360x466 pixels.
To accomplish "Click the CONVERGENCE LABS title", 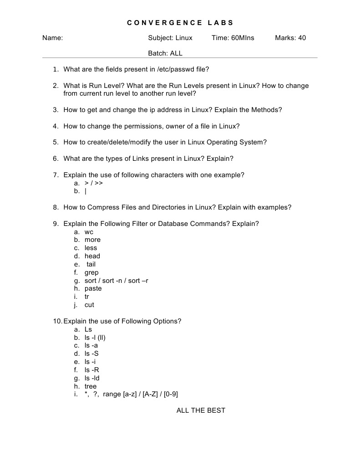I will coord(180,22).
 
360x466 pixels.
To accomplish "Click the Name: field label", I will coord(52,38).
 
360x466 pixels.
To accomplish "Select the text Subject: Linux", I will coord(170,38).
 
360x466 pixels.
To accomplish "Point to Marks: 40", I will coord(290,38).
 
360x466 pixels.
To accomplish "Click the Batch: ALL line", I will coord(165,53).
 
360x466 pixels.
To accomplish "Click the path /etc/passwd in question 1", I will coord(175,69).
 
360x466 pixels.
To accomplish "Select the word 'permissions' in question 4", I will coord(131,126).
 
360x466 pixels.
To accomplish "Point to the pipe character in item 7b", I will coord(86,191).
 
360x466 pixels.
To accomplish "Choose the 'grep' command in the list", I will coord(91,272).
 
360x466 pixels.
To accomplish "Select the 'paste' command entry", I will coord(93,289).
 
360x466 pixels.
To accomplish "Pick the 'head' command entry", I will coord(92,256).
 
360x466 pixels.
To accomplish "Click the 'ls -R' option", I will coord(91,370).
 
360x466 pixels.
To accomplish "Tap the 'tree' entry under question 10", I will coord(91,386).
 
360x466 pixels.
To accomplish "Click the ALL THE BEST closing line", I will coord(201,410).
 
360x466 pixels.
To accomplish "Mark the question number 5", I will coord(55,142).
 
